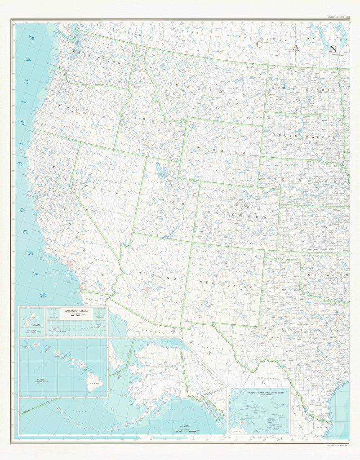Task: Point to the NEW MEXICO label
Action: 226,284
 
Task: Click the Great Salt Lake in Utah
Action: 160,171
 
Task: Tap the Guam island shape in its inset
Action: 31,320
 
